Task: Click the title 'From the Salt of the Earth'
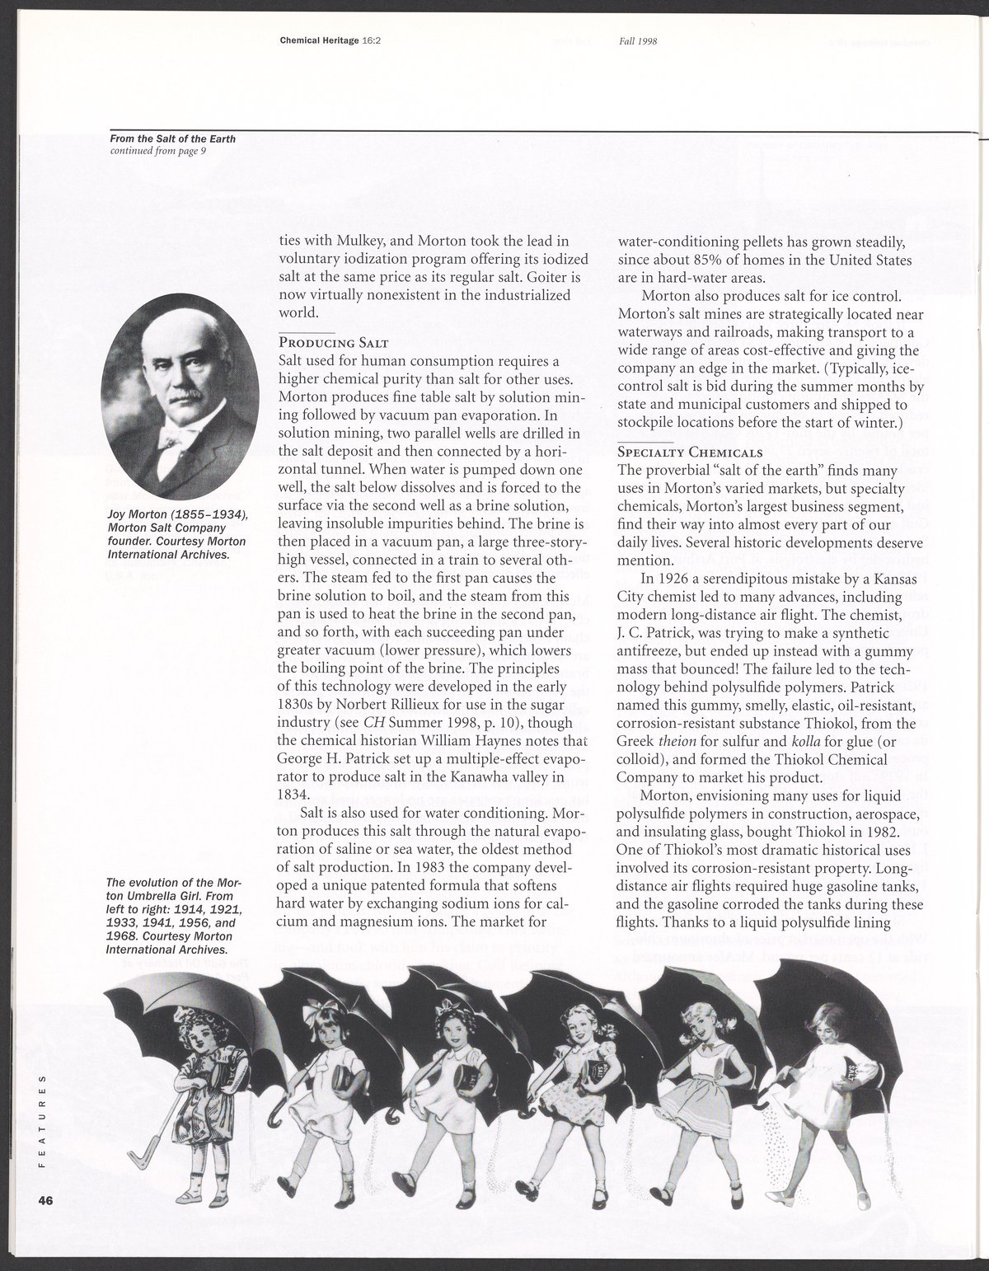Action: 173,138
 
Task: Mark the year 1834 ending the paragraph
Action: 294,795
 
